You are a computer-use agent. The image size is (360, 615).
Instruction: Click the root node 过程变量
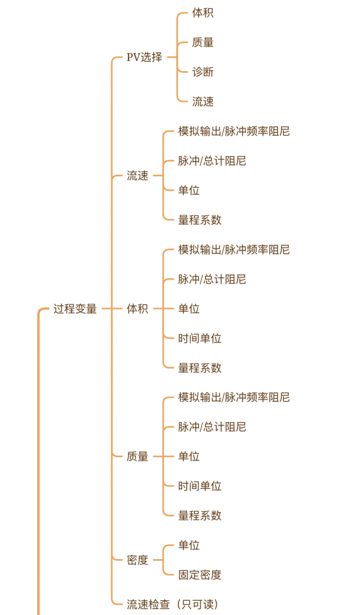(x=75, y=309)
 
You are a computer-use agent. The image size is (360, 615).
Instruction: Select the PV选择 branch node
(x=144, y=57)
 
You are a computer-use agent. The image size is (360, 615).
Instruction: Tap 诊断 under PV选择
(x=203, y=72)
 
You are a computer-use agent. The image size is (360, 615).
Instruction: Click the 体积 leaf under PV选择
(x=203, y=13)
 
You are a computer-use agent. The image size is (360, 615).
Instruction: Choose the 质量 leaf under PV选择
(x=203, y=43)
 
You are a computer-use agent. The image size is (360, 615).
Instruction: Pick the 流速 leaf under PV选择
(x=203, y=101)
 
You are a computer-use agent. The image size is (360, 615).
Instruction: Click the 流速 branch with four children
(x=138, y=176)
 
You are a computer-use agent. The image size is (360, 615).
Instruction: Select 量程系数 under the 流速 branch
(x=200, y=220)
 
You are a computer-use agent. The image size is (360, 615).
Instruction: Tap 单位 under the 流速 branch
(x=189, y=190)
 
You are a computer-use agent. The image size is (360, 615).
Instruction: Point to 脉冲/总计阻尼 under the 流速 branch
(x=212, y=161)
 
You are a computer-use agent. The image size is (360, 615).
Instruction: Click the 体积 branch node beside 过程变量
(x=138, y=309)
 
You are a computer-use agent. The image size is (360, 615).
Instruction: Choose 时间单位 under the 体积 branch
(x=200, y=338)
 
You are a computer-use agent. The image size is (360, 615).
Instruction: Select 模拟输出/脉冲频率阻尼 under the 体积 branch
(x=234, y=249)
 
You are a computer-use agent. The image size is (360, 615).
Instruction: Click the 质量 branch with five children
(x=138, y=456)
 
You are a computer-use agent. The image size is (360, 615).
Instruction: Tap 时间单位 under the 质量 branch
(x=200, y=486)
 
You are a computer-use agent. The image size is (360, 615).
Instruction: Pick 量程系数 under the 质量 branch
(x=200, y=515)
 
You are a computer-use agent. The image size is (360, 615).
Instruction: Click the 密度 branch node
(x=138, y=560)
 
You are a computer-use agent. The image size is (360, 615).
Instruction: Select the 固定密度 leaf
(x=200, y=575)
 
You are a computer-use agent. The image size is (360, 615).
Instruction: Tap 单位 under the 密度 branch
(x=189, y=545)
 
